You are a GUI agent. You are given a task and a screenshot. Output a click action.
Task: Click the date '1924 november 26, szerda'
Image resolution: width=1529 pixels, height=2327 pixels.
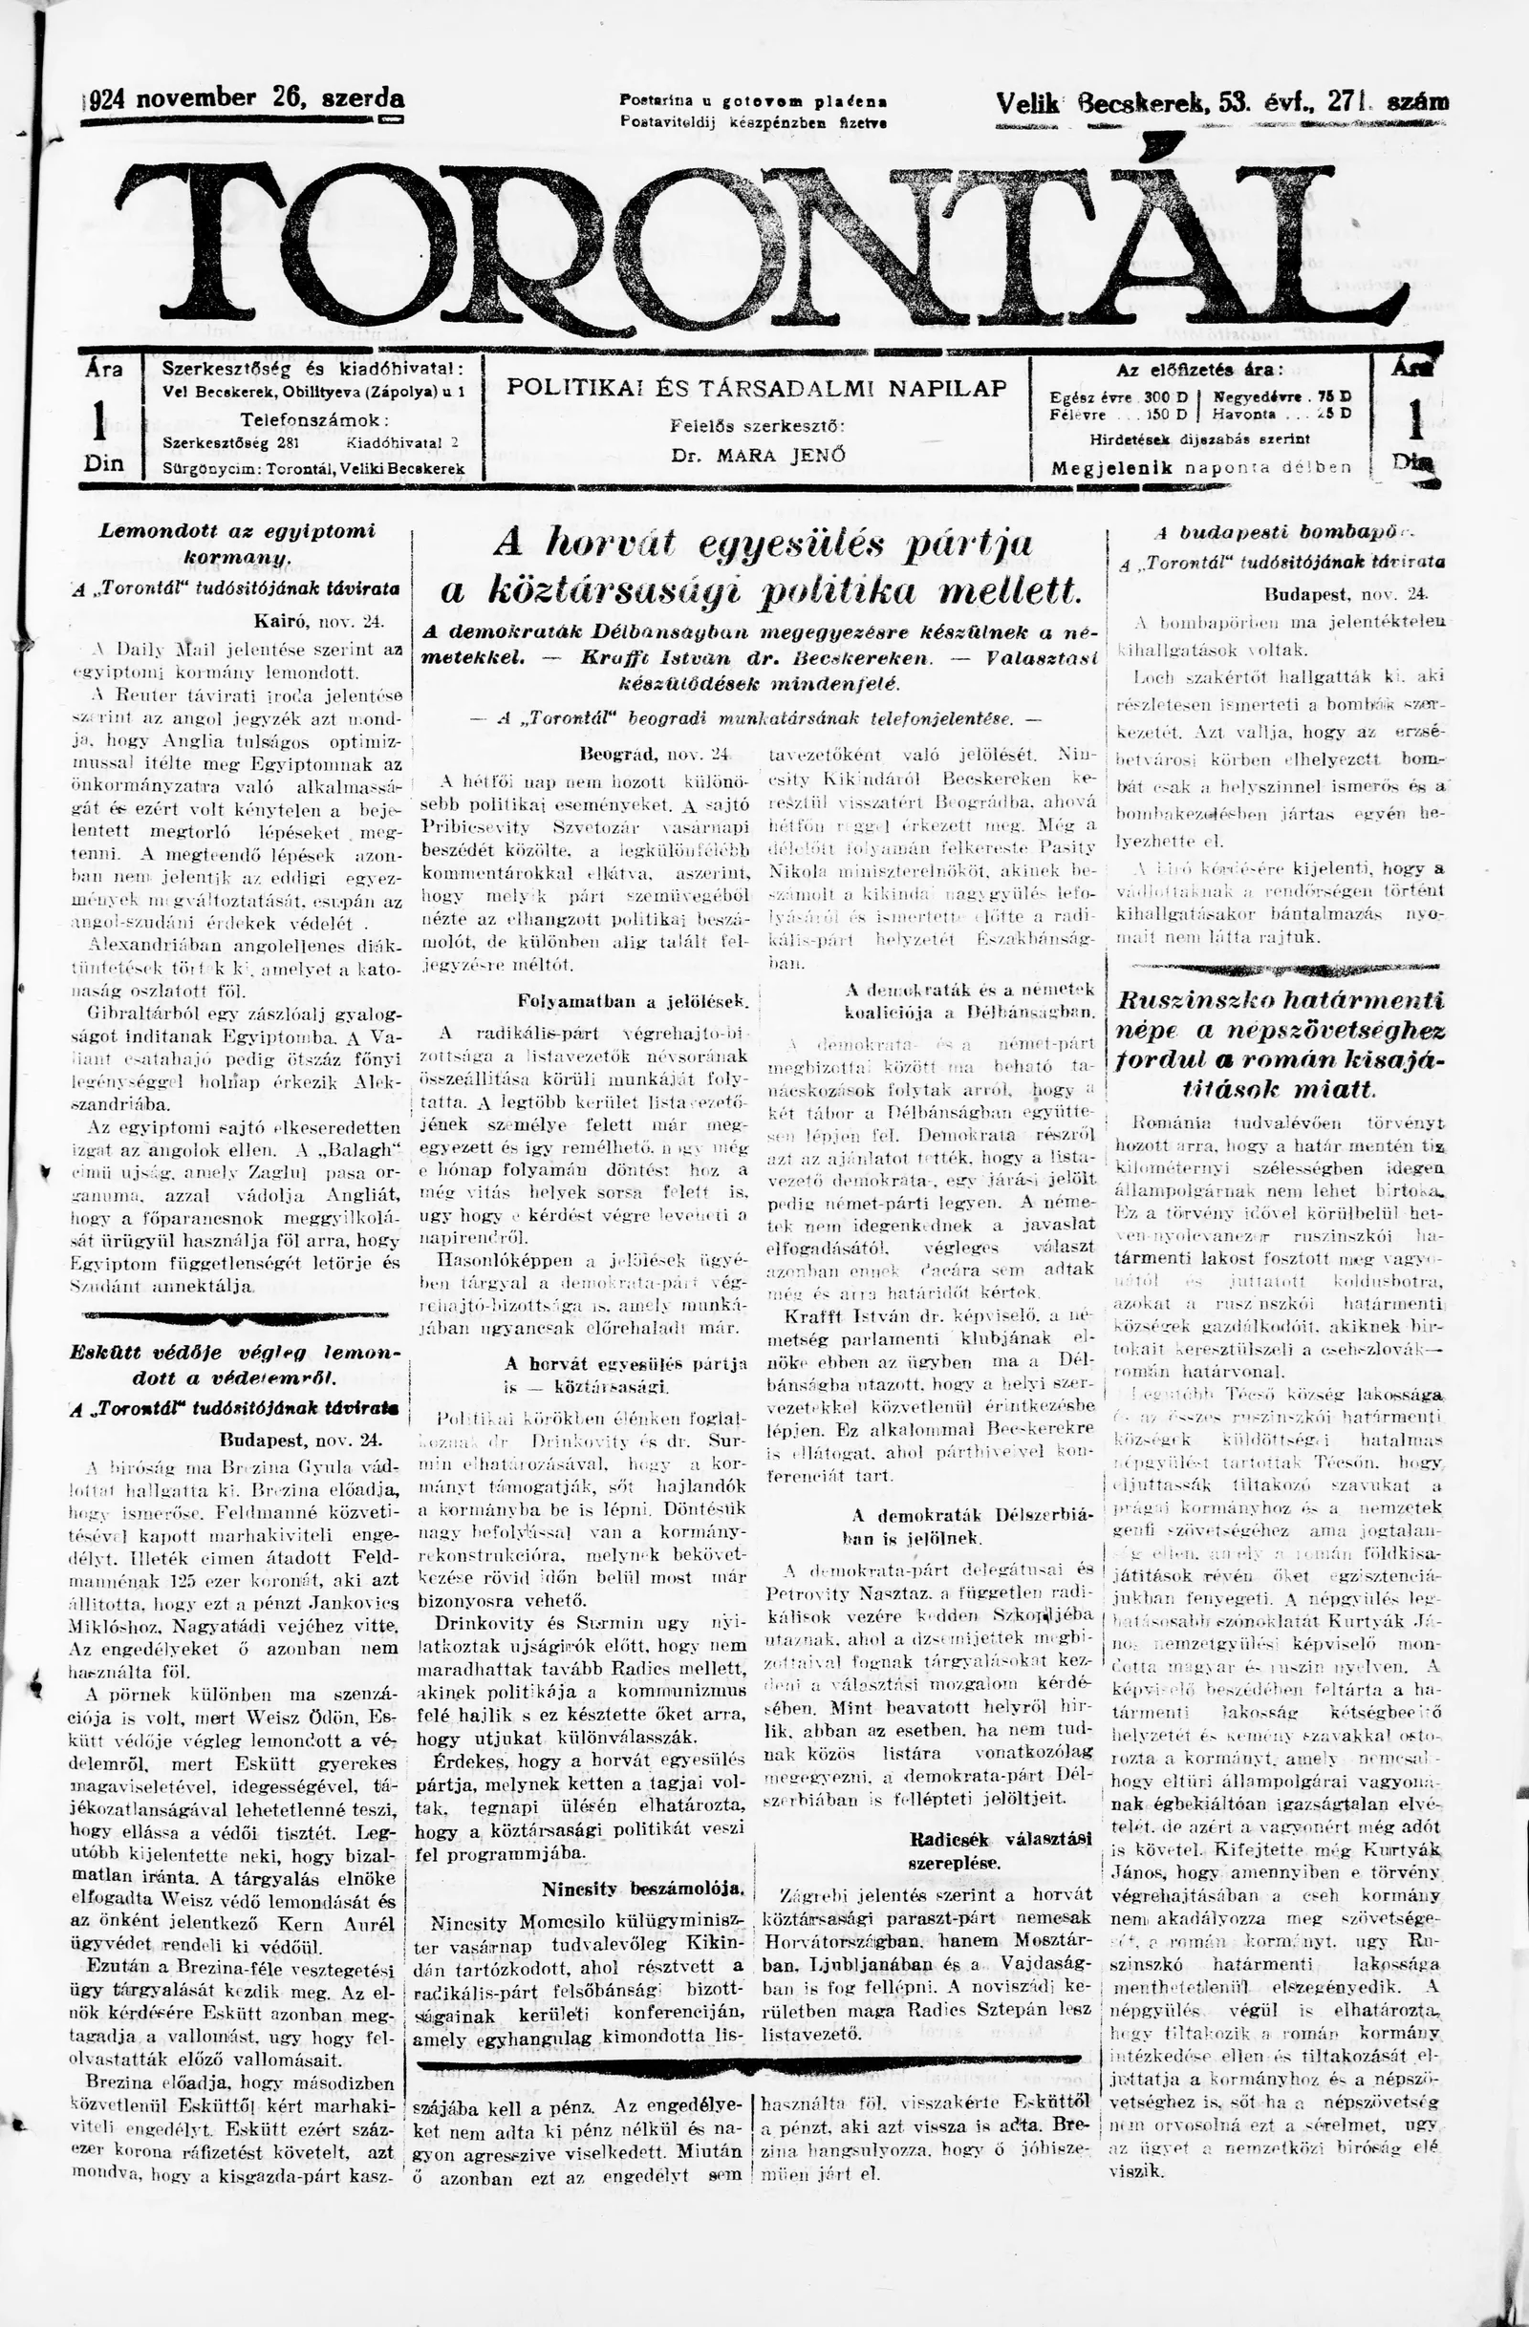click(245, 99)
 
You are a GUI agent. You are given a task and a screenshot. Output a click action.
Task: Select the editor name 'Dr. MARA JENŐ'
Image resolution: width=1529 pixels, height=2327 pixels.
click(757, 455)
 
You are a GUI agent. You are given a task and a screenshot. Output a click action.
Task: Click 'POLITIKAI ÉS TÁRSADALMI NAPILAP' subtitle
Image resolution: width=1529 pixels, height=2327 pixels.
click(756, 388)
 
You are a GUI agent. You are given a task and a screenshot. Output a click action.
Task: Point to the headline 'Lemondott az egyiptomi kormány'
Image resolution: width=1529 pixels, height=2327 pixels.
click(239, 544)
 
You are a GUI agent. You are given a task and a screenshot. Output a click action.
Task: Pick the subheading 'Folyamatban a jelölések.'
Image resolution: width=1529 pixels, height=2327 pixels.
click(632, 1001)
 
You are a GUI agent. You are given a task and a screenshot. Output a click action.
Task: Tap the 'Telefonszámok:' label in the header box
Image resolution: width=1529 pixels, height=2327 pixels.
click(314, 420)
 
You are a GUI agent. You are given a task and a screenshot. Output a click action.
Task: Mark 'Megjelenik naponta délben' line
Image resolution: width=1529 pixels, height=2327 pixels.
click(1200, 467)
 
